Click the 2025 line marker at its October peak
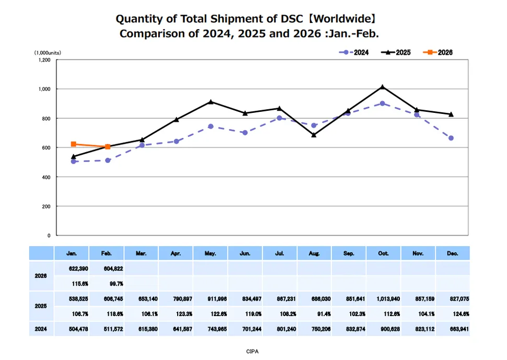(383, 87)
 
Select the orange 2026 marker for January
(74, 144)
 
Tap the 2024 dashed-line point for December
(451, 138)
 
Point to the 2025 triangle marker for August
(314, 135)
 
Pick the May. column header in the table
(211, 253)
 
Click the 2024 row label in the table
(41, 329)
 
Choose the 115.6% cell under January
(73, 283)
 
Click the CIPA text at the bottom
(252, 351)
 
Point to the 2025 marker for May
(211, 101)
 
